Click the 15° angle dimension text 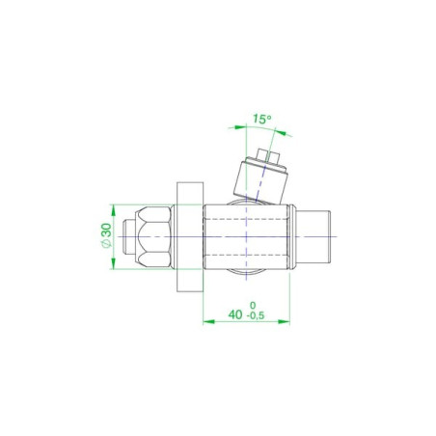[x=261, y=119]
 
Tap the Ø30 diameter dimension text [x=107, y=235]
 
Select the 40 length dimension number [x=235, y=314]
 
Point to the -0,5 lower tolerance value [x=256, y=315]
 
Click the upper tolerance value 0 [x=253, y=305]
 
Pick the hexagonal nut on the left [x=153, y=236]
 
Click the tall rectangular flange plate [x=190, y=236]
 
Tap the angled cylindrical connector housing [x=260, y=181]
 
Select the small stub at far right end [x=313, y=236]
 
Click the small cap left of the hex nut [x=129, y=236]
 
